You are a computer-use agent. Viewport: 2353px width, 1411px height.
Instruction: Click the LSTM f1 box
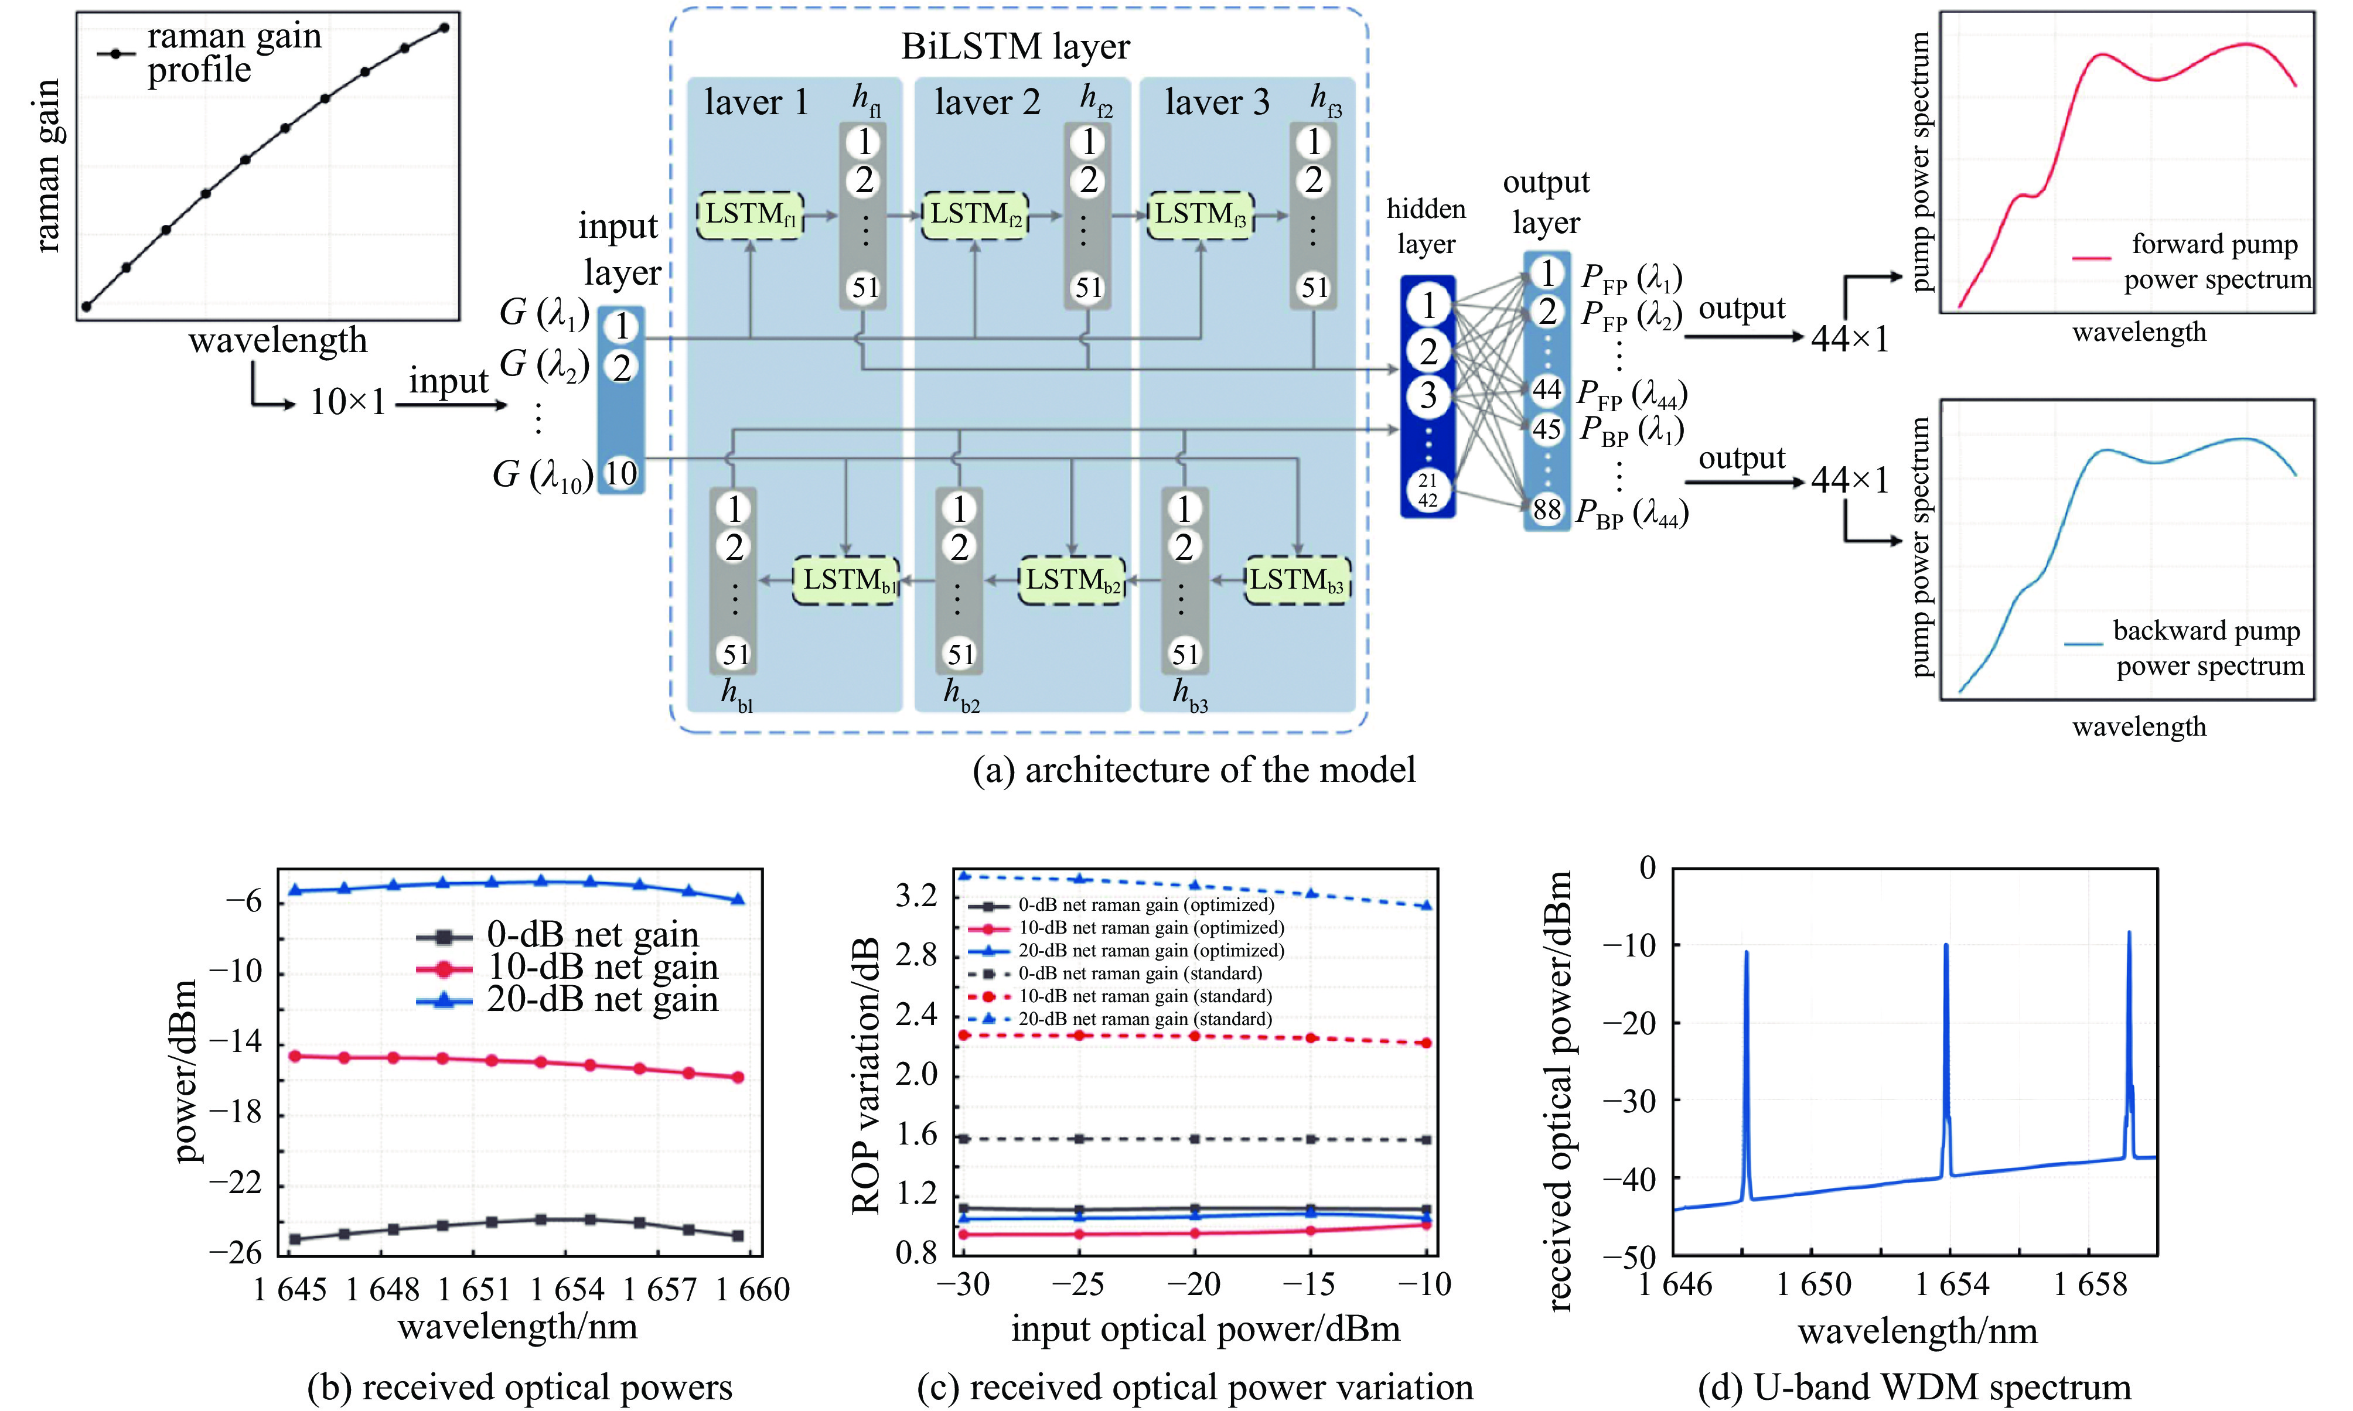751,215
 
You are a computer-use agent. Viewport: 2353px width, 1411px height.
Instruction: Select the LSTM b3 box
1297,580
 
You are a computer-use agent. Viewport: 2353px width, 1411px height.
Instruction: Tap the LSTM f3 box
1201,215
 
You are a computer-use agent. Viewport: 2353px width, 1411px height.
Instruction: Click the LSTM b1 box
845,580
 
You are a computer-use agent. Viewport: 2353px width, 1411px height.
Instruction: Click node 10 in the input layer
621,473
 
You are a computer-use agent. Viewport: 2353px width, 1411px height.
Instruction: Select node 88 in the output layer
1546,510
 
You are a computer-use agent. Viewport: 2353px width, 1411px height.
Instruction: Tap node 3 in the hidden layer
1428,395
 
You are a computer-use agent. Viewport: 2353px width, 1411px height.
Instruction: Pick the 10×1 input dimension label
347,402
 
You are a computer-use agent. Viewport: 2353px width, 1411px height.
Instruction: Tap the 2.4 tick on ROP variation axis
916,1014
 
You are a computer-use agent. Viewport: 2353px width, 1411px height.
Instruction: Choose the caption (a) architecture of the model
1193,769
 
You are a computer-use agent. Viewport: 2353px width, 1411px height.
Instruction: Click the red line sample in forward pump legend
2092,257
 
